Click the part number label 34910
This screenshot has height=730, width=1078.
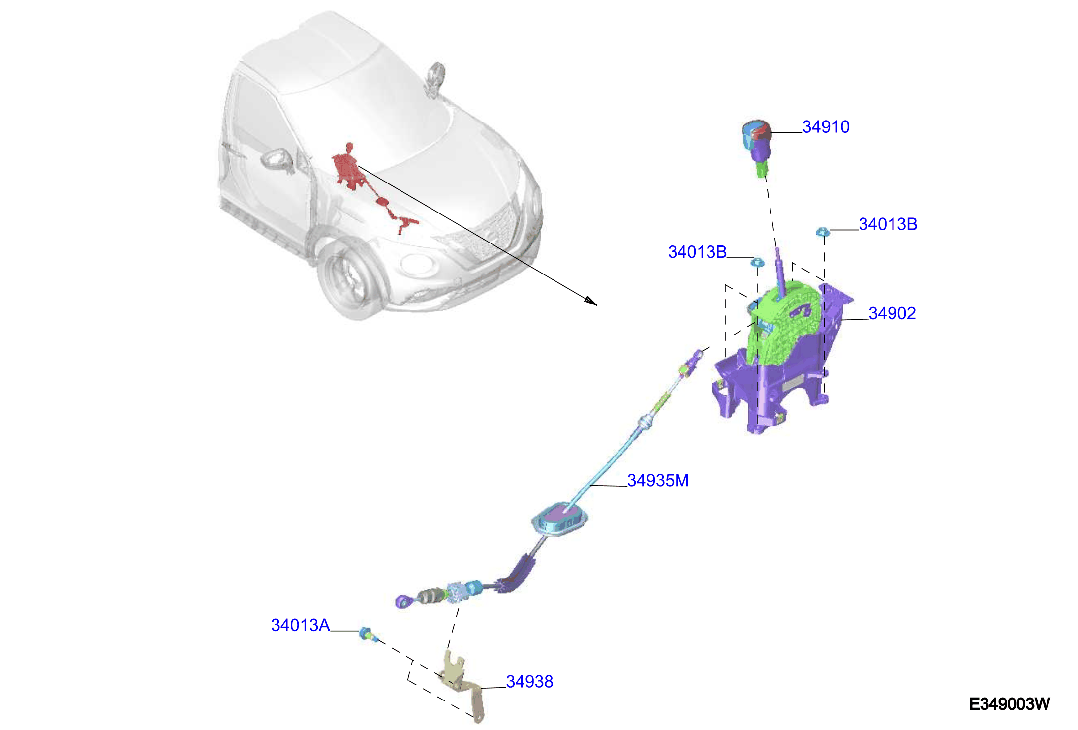pos(826,127)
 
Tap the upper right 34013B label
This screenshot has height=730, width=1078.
pos(888,224)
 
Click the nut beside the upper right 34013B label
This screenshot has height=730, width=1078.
pos(823,232)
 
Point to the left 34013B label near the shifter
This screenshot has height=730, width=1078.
pos(697,252)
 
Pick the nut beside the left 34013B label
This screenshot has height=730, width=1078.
pos(757,261)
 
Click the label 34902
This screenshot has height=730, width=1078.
pos(892,313)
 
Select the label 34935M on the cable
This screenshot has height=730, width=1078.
pos(658,480)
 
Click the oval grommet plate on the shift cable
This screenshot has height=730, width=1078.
pos(560,519)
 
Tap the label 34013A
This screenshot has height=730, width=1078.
pos(300,625)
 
